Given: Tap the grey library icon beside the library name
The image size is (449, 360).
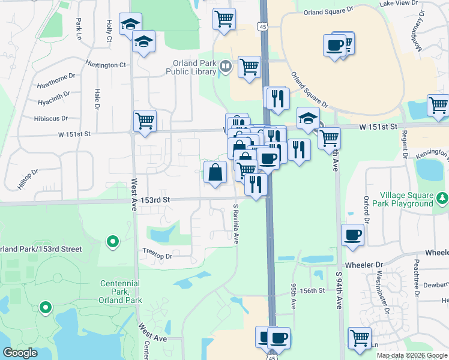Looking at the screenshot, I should [226, 67].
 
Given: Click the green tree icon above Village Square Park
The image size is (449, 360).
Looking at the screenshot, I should [443, 197].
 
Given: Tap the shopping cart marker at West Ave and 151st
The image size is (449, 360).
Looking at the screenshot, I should [145, 121].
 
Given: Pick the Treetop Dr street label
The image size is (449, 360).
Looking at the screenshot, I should [157, 256].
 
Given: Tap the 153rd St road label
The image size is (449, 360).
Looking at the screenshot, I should [155, 199].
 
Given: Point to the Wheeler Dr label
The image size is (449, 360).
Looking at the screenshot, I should [363, 265].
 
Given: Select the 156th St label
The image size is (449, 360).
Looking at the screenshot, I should [312, 290].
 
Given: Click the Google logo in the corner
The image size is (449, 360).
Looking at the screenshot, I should [20, 353].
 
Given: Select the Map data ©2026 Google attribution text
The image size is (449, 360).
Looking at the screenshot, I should [412, 355].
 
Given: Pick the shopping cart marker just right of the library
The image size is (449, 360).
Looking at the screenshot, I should [249, 67].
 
